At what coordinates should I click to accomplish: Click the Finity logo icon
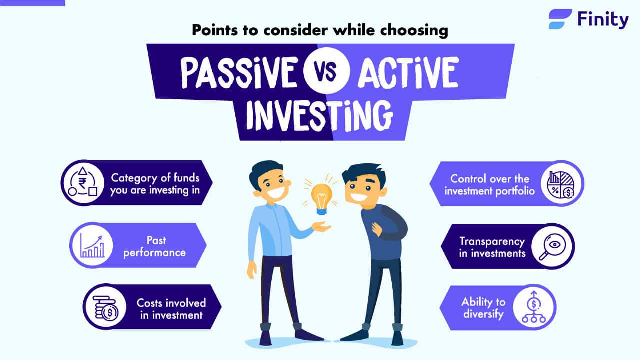pos(560,19)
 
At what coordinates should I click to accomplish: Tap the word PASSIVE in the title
pos(238,72)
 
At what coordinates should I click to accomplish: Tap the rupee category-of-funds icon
pos(83,183)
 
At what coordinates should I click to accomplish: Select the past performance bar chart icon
pos(92,245)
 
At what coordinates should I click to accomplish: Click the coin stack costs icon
pos(105,307)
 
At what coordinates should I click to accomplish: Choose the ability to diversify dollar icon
pos(534,308)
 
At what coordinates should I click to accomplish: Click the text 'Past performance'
pos(154,246)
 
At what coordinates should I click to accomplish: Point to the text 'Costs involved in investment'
pos(171,308)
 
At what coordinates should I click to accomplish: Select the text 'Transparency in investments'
pos(492,247)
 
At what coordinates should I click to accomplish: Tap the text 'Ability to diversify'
pos(483,308)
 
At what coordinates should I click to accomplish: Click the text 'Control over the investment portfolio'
pos(489,184)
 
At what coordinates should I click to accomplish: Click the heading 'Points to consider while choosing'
pos(319,31)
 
